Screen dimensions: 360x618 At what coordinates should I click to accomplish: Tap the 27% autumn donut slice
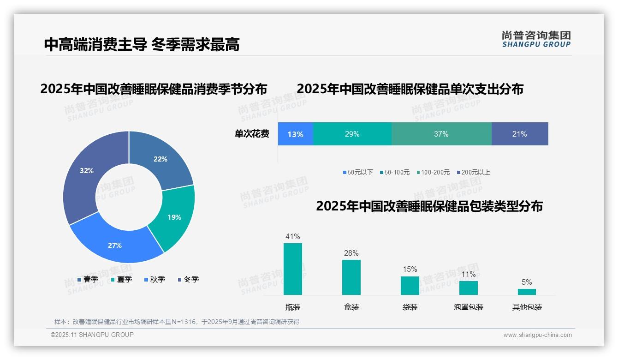pos(115,242)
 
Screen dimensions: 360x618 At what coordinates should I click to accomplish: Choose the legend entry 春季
pos(88,279)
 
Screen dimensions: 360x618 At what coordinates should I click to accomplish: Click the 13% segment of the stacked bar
pos(295,134)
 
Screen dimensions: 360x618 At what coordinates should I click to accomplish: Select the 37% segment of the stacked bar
pos(441,134)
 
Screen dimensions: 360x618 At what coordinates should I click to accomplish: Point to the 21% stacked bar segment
pos(519,134)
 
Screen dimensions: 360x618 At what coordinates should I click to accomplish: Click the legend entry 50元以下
pos(358,172)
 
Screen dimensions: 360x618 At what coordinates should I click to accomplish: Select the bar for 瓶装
pos(292,269)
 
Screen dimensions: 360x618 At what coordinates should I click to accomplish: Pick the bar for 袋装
pos(410,286)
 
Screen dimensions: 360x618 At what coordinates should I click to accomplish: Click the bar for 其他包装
pos(527,292)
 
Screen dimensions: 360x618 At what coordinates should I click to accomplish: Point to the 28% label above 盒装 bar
pos(351,253)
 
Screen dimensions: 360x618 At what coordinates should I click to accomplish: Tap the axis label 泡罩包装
pos(468,307)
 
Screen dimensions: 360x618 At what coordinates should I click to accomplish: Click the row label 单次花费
pos(252,134)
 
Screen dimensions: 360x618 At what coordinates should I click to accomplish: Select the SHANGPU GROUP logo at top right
pos(536,39)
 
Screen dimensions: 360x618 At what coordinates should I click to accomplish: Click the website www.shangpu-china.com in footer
pos(537,335)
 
